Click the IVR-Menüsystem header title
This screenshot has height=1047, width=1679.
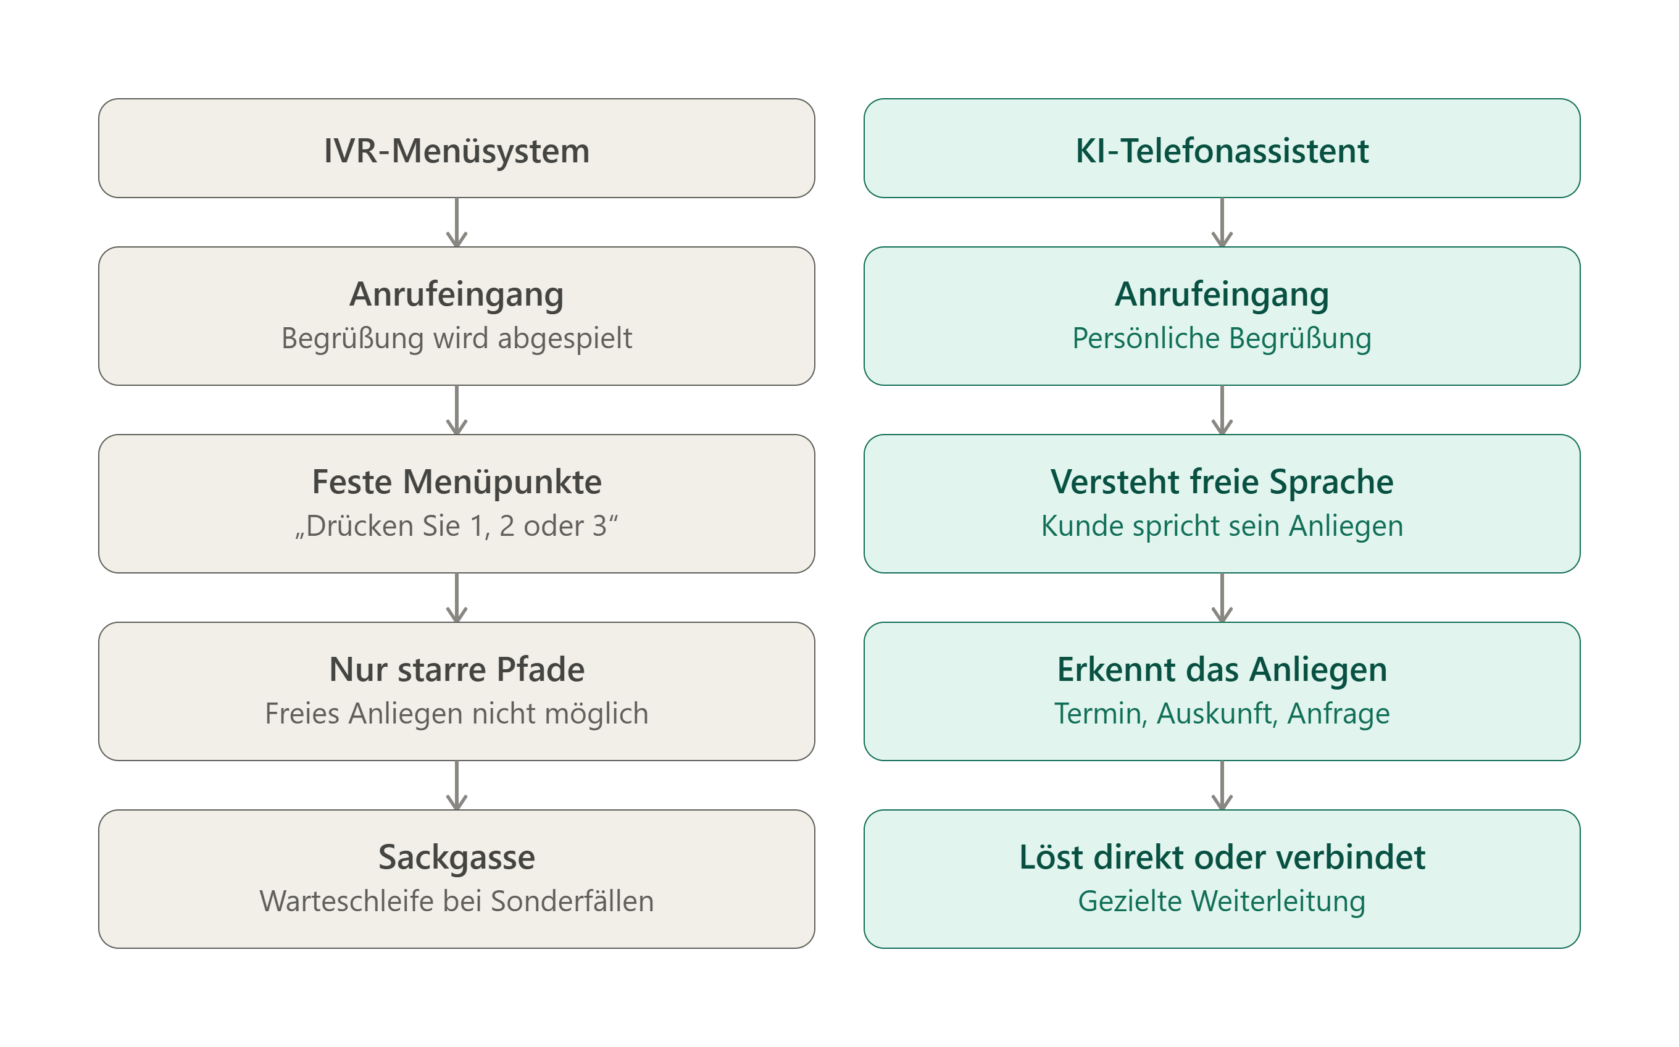coord(457,151)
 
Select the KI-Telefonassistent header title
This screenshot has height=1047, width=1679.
coord(1222,151)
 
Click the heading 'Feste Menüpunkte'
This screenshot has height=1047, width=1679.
coord(457,482)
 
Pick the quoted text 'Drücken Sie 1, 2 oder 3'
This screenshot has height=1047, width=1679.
coord(457,526)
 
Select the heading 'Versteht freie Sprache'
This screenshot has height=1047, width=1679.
coord(1222,482)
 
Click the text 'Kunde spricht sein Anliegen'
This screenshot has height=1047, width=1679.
coord(1222,526)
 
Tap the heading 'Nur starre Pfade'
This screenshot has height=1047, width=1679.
coord(457,670)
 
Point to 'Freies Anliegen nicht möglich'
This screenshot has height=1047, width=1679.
coord(457,714)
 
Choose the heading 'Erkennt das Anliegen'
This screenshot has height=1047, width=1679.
coord(1222,670)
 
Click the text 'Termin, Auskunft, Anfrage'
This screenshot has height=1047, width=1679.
coord(1222,714)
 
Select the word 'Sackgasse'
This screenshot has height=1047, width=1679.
coord(457,857)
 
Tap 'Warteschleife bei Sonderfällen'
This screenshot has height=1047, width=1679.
coord(457,901)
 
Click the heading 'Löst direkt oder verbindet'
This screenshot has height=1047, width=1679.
coord(1222,857)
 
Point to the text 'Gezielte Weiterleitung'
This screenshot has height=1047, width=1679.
coord(1222,901)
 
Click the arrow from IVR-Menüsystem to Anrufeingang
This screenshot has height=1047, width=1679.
coord(457,222)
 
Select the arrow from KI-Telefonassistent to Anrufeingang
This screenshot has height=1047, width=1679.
coord(1222,222)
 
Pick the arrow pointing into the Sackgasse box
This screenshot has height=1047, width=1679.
coord(457,785)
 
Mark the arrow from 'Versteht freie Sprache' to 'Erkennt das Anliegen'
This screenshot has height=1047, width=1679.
coord(1222,598)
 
